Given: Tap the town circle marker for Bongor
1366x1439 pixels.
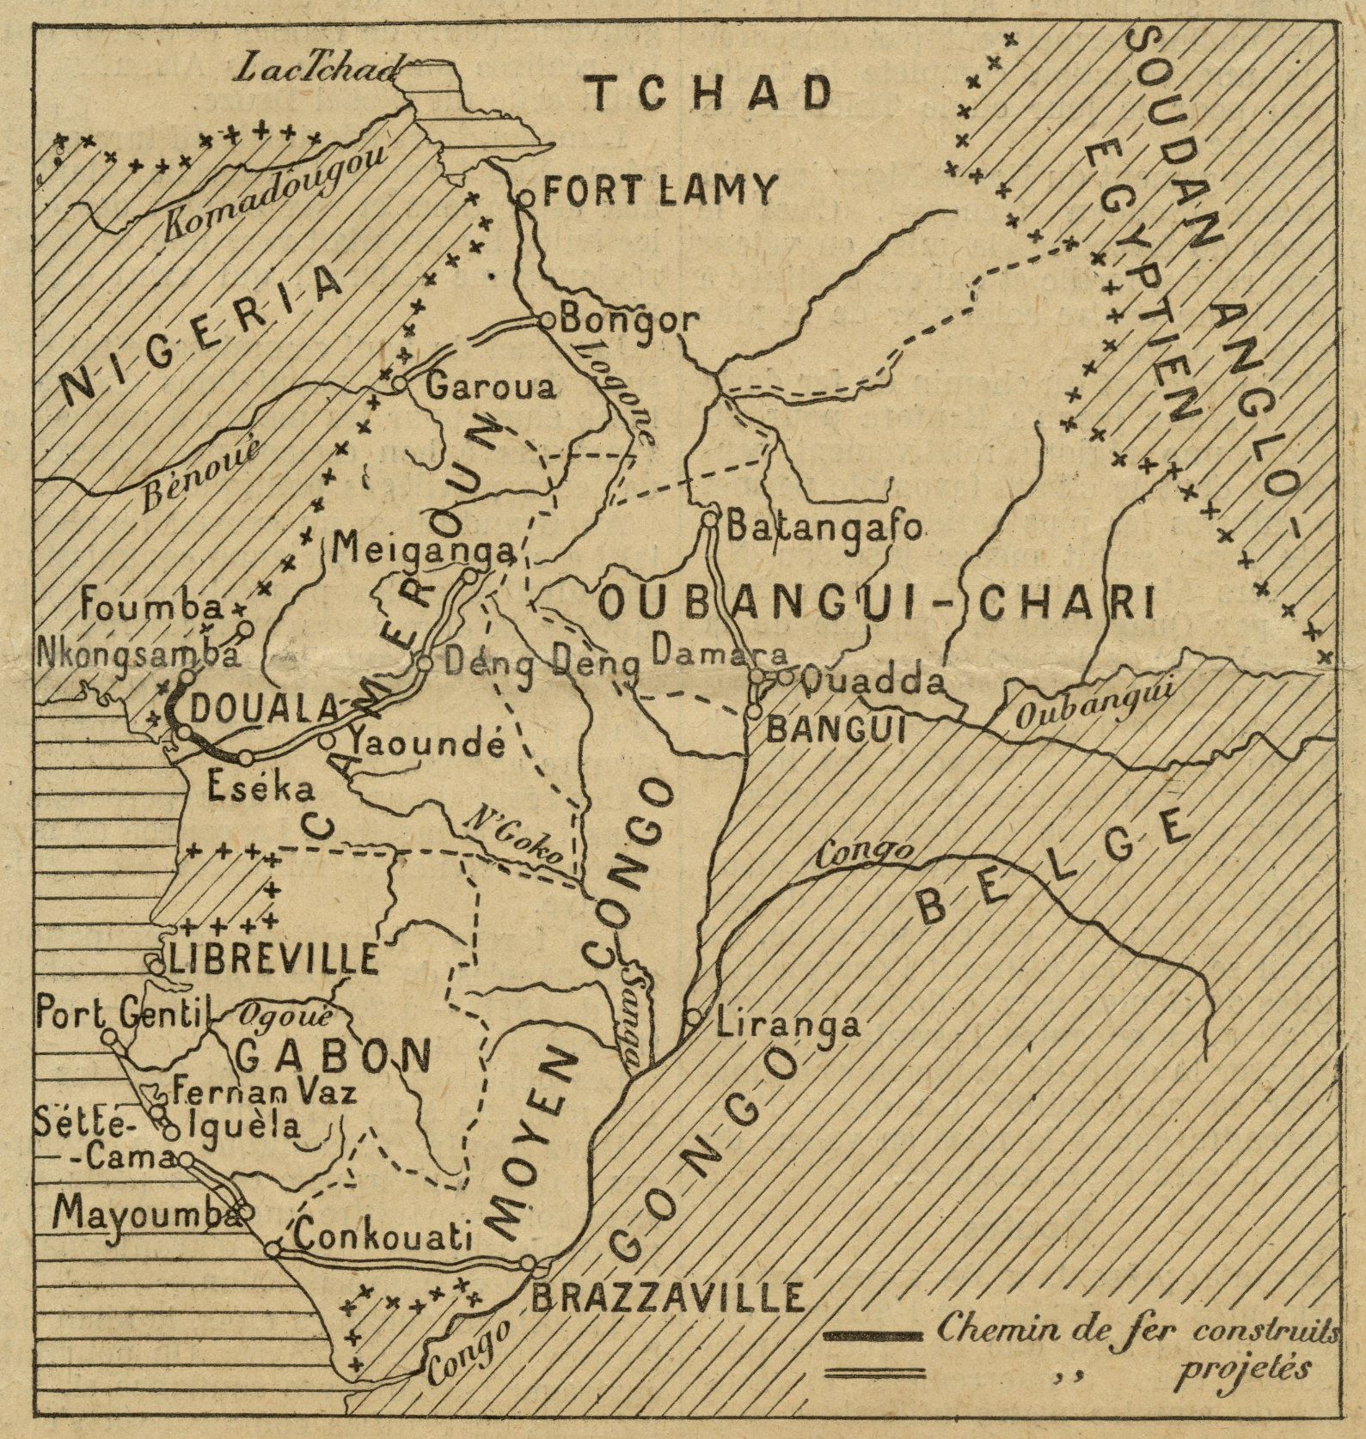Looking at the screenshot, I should pyautogui.click(x=545, y=320).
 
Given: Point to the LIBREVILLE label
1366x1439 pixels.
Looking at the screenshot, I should pyautogui.click(x=273, y=959).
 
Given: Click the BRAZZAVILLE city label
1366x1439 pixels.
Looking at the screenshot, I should pyautogui.click(x=668, y=1296).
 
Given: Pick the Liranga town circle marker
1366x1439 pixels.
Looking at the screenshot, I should pyautogui.click(x=693, y=1016).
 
